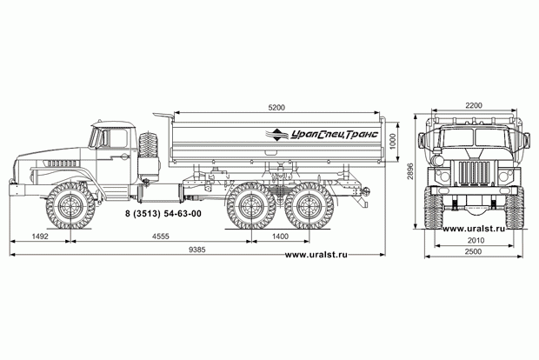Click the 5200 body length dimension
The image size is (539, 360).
[x=276, y=108]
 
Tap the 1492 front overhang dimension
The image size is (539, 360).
[x=40, y=237]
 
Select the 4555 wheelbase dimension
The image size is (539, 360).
[x=161, y=237]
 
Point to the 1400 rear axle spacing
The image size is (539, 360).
[x=280, y=237]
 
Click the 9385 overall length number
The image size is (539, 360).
[x=197, y=250]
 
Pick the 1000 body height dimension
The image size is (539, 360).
[x=393, y=142]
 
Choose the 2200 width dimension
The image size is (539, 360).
[x=474, y=105]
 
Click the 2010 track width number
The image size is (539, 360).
[x=476, y=240]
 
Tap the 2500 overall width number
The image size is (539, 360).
[x=473, y=251]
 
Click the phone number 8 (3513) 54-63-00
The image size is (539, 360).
[x=163, y=214]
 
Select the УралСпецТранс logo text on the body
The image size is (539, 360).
[x=335, y=134]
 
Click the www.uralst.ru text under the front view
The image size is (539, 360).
[x=474, y=229]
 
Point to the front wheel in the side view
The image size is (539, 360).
[x=70, y=205]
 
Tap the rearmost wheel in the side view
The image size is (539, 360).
[x=309, y=206]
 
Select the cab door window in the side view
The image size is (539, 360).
[x=117, y=138]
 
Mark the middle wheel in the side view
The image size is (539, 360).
[x=251, y=206]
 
